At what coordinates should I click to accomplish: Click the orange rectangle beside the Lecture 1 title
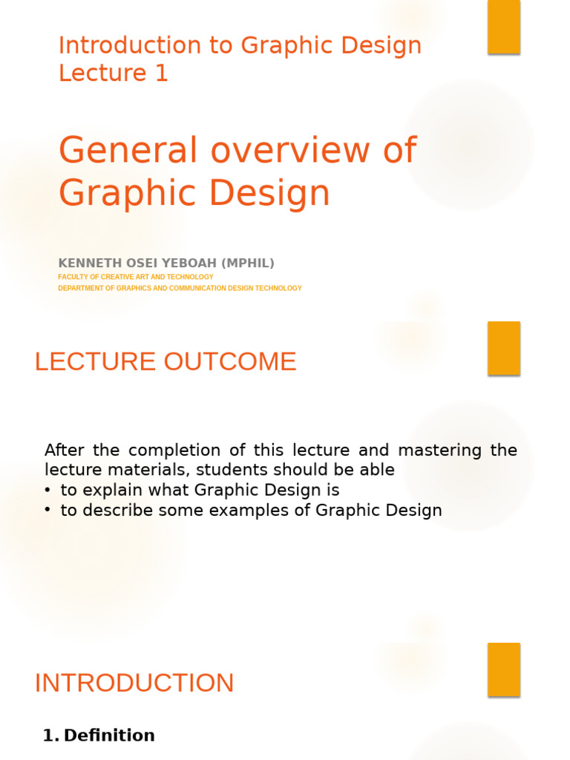pyautogui.click(x=504, y=27)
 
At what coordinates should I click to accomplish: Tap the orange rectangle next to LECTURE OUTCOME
pyautogui.click(x=504, y=348)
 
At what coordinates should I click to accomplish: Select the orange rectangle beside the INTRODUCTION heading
pyautogui.click(x=504, y=669)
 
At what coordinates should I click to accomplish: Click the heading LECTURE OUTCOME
pyautogui.click(x=166, y=361)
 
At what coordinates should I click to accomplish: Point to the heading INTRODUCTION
pyautogui.click(x=134, y=683)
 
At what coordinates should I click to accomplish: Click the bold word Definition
pyautogui.click(x=109, y=736)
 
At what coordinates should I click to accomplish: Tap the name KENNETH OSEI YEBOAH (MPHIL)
pyautogui.click(x=166, y=263)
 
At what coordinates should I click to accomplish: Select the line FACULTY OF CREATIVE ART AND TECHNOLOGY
pyautogui.click(x=136, y=277)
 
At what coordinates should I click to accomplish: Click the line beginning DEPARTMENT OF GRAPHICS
pyautogui.click(x=180, y=288)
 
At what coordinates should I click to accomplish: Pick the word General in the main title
pyautogui.click(x=130, y=150)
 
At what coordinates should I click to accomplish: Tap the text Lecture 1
pyautogui.click(x=114, y=73)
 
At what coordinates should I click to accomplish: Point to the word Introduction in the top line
pyautogui.click(x=122, y=45)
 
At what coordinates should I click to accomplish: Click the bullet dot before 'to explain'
pyautogui.click(x=47, y=490)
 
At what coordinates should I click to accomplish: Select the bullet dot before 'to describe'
pyautogui.click(x=47, y=511)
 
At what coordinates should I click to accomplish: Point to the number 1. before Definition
pyautogui.click(x=50, y=736)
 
